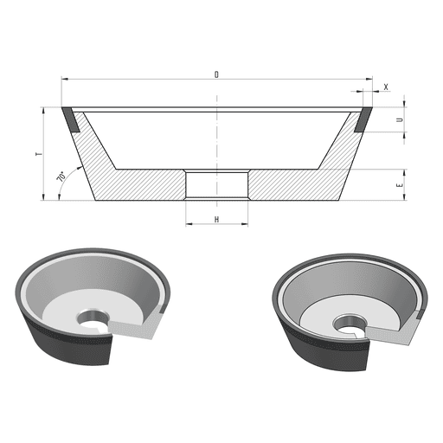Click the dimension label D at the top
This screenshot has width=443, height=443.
[216, 74]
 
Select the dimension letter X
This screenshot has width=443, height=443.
[386, 87]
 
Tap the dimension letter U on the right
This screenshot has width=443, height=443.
[400, 119]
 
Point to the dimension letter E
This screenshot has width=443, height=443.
[400, 185]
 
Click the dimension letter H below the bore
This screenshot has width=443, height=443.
[216, 220]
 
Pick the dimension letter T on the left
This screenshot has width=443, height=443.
[39, 154]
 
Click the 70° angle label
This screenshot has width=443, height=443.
[61, 177]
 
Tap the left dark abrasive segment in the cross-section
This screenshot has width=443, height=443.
[70, 119]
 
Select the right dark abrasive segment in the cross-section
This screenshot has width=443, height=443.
[363, 119]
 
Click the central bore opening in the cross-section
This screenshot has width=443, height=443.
[216, 184]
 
